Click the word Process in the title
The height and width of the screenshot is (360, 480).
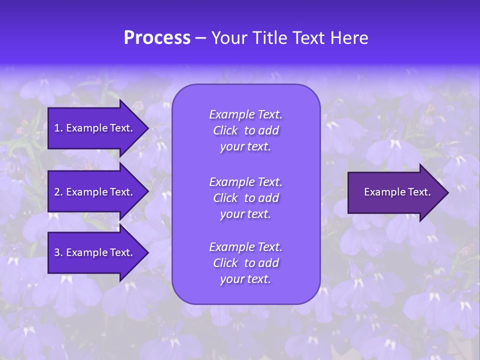click(x=157, y=38)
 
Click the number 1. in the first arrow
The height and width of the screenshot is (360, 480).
click(x=58, y=128)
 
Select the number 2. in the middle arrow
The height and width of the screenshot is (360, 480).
click(x=58, y=192)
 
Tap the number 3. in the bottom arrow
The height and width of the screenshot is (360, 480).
click(x=58, y=252)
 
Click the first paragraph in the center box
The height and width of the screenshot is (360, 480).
click(x=246, y=130)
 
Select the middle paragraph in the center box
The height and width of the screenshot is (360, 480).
click(x=246, y=197)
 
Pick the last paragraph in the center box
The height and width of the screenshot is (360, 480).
click(x=246, y=263)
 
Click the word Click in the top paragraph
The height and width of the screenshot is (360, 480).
click(x=225, y=130)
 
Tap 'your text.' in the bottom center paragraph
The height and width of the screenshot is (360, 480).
click(x=245, y=279)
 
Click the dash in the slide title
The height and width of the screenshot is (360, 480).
click(x=201, y=38)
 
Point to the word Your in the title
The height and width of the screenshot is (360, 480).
click(x=228, y=38)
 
